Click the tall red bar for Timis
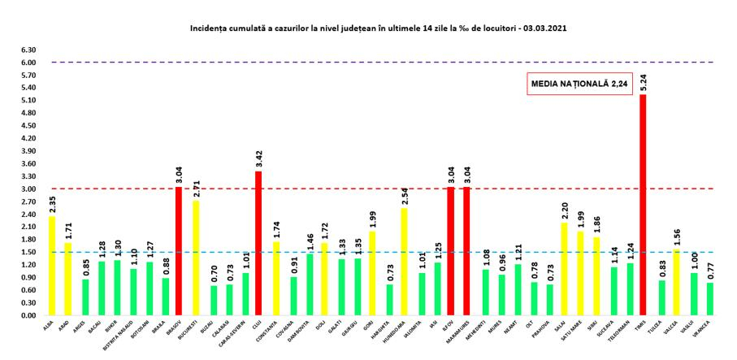coord(643,205)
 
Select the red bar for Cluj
coord(258,243)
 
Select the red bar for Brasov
coord(179,251)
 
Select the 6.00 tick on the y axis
coord(28,63)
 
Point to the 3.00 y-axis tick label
coord(28,189)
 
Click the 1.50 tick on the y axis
coord(28,252)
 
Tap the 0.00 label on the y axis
coord(28,315)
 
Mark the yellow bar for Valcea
coord(675,282)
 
